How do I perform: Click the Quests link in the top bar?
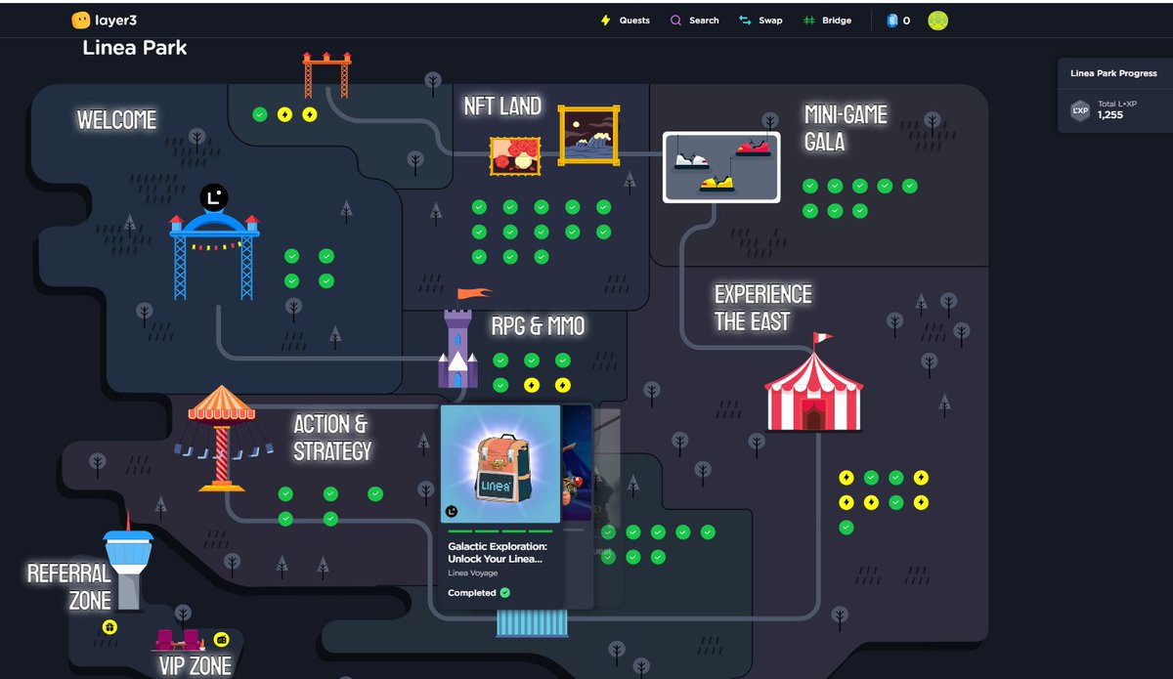pyautogui.click(x=626, y=21)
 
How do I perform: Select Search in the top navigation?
pyautogui.click(x=695, y=21)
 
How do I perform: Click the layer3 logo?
pyautogui.click(x=104, y=21)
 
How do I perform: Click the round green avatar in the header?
pyautogui.click(x=938, y=21)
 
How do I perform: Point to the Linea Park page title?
pyautogui.click(x=135, y=48)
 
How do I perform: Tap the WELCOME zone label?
pyautogui.click(x=117, y=120)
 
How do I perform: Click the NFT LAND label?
pyautogui.click(x=502, y=106)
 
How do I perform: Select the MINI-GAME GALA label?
pyautogui.click(x=846, y=128)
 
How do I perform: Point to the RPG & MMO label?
pyautogui.click(x=538, y=325)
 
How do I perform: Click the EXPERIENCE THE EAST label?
pyautogui.click(x=762, y=308)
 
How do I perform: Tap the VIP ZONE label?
pyautogui.click(x=195, y=666)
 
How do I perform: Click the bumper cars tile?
pyautogui.click(x=721, y=167)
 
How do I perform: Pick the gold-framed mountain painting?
pyautogui.click(x=589, y=135)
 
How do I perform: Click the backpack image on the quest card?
pyautogui.click(x=500, y=466)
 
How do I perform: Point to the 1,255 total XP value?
pyautogui.click(x=1110, y=115)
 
